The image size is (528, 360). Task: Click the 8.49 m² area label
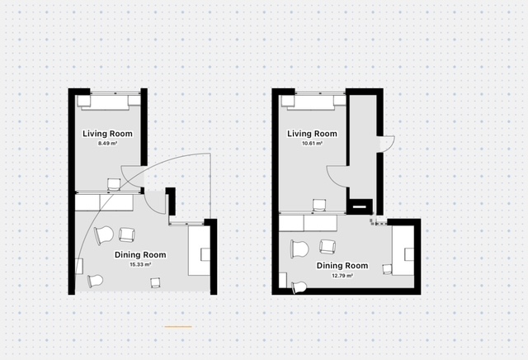click(107, 144)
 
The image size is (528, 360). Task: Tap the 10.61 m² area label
click(312, 144)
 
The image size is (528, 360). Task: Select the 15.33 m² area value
click(140, 264)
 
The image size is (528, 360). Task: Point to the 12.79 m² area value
click(342, 276)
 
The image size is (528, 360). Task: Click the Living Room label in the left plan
click(107, 134)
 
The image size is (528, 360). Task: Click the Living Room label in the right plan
click(312, 134)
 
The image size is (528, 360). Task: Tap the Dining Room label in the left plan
click(140, 255)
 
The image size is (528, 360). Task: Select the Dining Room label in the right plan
click(342, 266)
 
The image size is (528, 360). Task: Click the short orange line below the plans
click(178, 327)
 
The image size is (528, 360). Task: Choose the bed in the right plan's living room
click(313, 102)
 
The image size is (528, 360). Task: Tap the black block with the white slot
click(360, 206)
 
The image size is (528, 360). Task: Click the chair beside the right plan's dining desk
click(388, 269)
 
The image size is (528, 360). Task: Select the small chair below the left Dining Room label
click(155, 282)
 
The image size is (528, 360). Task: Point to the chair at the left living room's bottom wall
click(114, 185)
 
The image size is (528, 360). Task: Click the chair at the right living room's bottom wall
click(319, 206)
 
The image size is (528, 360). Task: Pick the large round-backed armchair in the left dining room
click(104, 235)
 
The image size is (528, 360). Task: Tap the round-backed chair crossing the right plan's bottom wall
click(299, 287)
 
